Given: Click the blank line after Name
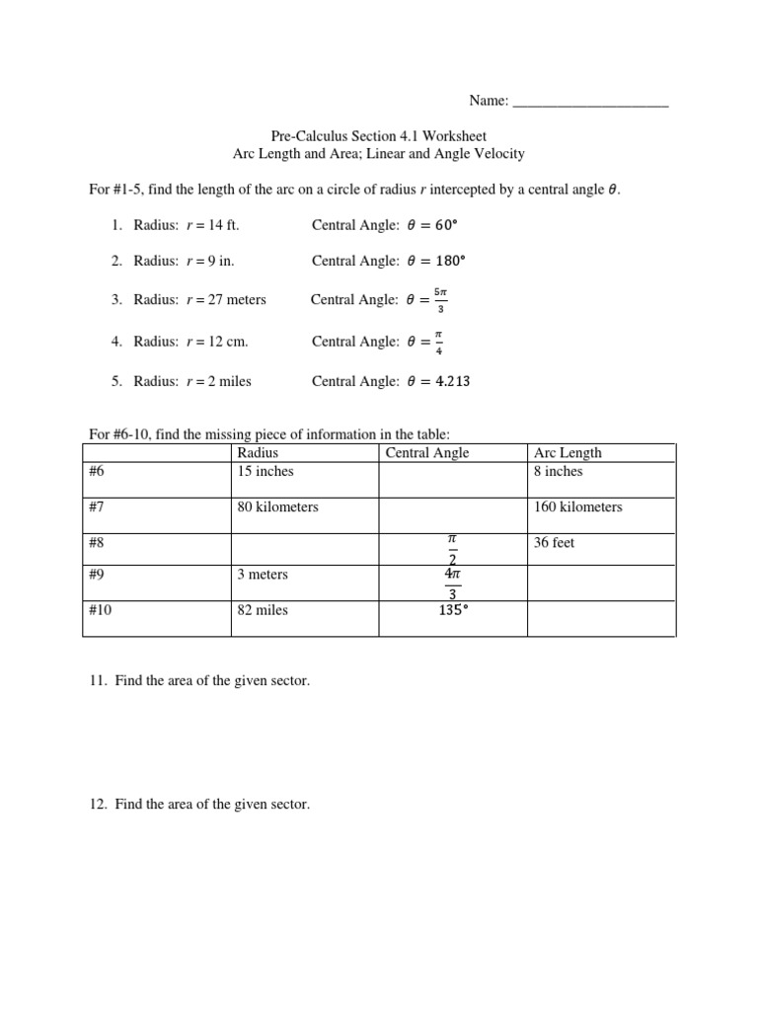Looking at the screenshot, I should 591,101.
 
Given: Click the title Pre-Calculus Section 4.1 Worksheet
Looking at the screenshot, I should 378,136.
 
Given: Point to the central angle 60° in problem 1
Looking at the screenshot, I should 447,225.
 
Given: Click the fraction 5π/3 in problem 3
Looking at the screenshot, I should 440,299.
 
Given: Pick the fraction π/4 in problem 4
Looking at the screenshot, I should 439,342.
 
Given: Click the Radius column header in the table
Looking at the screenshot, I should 258,453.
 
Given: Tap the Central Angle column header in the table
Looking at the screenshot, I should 427,453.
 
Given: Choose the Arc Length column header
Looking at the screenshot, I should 568,453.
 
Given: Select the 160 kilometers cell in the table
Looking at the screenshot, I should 578,507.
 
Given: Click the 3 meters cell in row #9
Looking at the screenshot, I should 263,575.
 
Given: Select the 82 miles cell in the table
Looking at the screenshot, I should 263,611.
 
